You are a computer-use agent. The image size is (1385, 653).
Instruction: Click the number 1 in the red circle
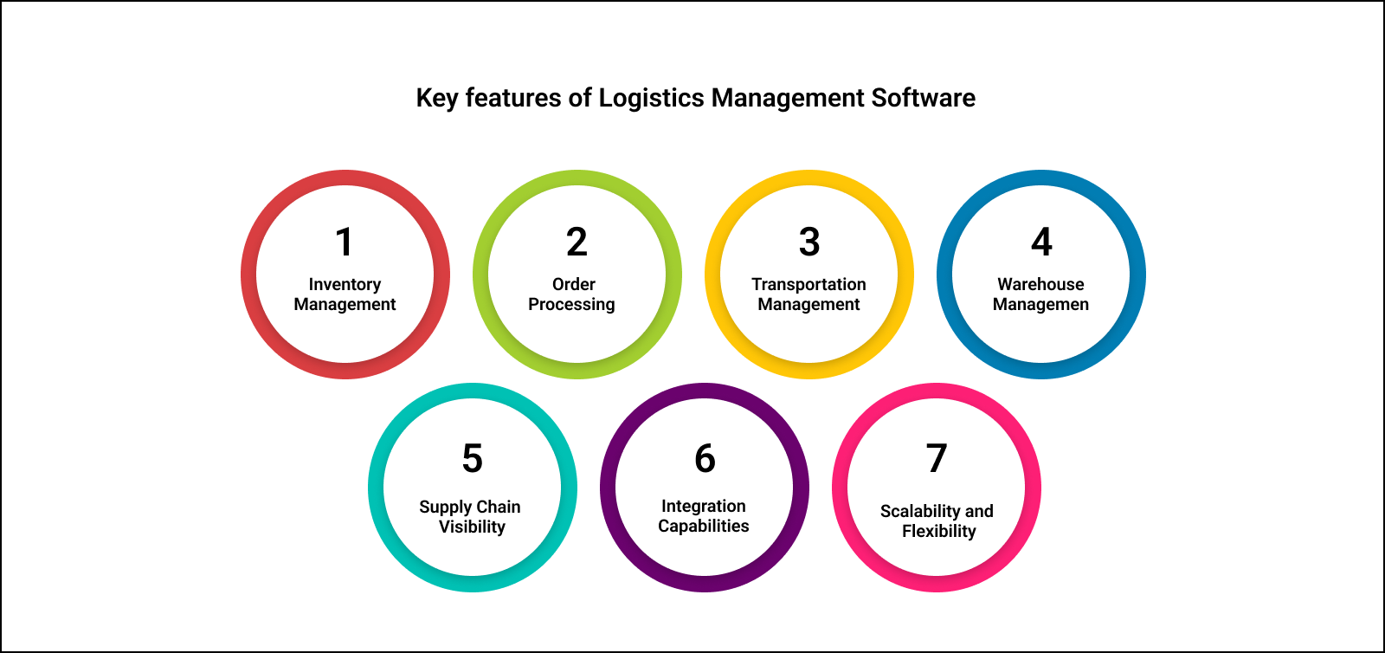(345, 242)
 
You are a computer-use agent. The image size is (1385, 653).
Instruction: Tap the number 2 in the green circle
(577, 242)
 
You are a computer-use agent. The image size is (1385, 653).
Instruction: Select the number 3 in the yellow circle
(809, 242)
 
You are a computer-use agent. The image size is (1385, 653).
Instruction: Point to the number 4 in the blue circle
(1041, 242)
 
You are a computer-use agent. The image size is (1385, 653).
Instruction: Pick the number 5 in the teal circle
(472, 459)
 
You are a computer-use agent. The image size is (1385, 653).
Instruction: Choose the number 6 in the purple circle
(705, 459)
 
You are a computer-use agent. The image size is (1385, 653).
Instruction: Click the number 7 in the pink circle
(937, 459)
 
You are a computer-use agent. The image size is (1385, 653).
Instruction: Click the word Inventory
(345, 285)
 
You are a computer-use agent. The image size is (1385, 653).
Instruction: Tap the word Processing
(571, 305)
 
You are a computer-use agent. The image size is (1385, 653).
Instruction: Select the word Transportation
(808, 284)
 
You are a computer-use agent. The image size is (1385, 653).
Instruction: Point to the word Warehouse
(1040, 284)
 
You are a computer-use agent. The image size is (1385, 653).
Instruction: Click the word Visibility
(472, 527)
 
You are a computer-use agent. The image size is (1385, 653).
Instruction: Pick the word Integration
(703, 506)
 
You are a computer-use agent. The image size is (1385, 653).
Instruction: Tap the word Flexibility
(938, 531)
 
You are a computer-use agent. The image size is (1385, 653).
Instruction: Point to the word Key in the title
(436, 99)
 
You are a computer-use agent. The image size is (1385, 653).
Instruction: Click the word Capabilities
(703, 527)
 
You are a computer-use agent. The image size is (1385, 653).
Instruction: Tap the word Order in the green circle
(574, 284)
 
